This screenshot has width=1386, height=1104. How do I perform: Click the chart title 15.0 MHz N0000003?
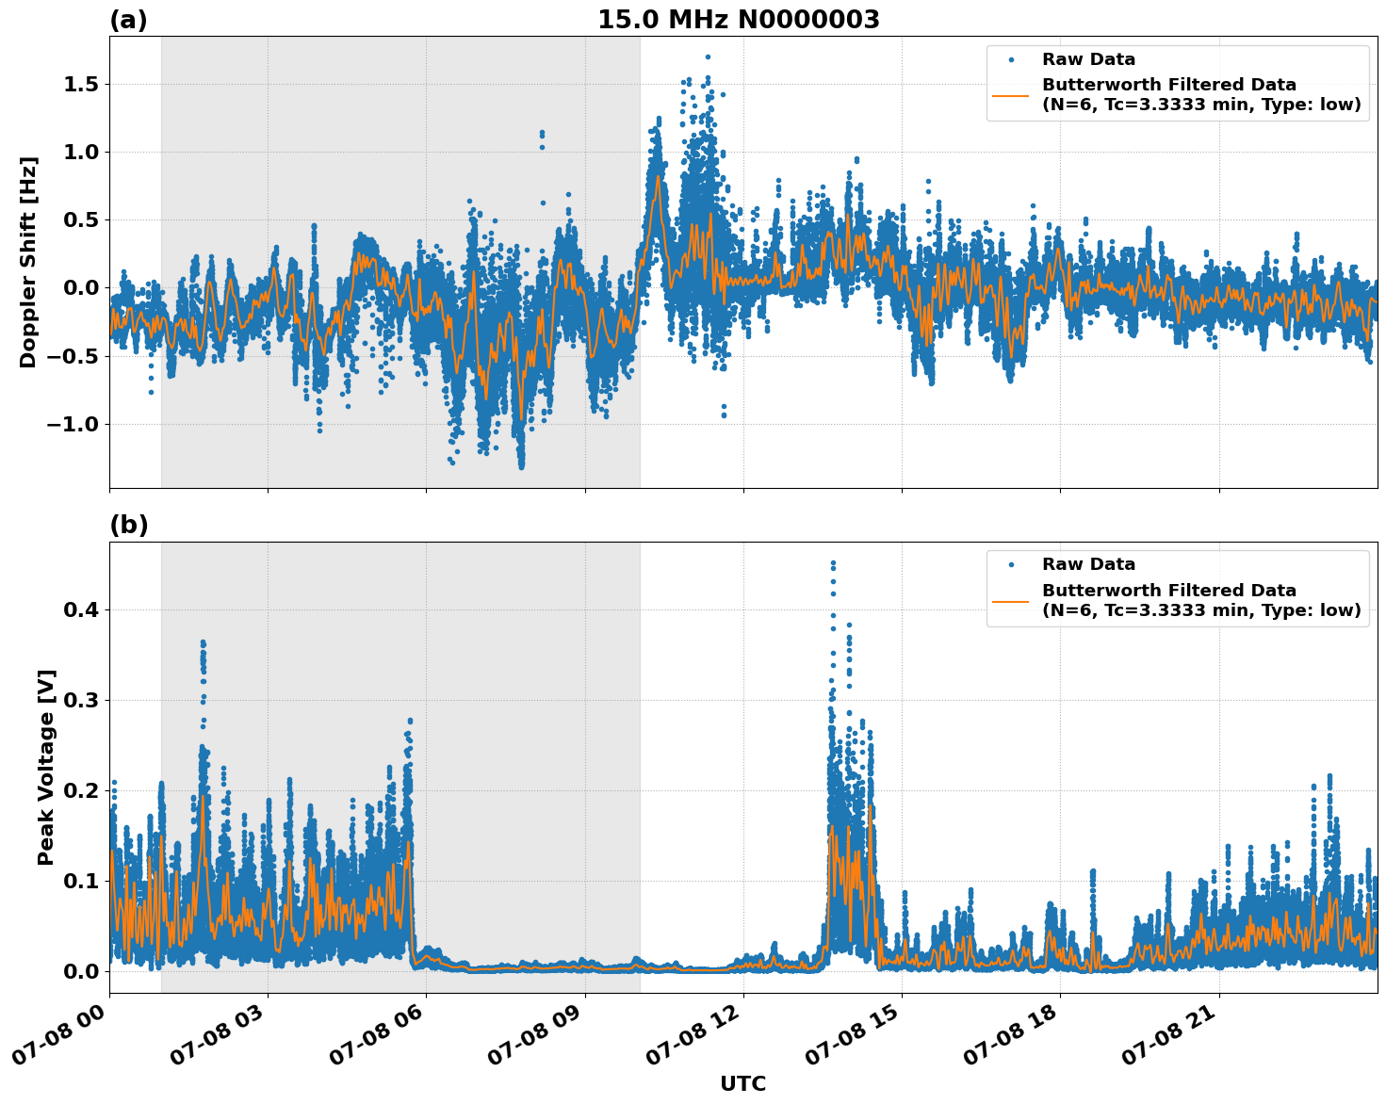click(738, 20)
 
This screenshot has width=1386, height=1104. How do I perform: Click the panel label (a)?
click(128, 20)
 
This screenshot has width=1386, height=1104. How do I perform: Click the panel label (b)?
click(128, 526)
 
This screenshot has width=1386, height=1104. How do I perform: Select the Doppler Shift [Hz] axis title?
click(28, 262)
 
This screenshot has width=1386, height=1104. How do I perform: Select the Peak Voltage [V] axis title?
click(46, 767)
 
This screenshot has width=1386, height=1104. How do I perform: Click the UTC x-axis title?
click(742, 1083)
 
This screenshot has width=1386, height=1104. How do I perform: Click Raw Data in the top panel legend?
click(1088, 59)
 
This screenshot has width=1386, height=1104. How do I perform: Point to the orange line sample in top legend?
click(1011, 94)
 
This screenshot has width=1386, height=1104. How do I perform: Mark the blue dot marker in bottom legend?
click(1011, 564)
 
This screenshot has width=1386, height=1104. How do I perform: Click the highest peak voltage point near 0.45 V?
click(833, 563)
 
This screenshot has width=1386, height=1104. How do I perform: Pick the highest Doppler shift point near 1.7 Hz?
click(708, 57)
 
